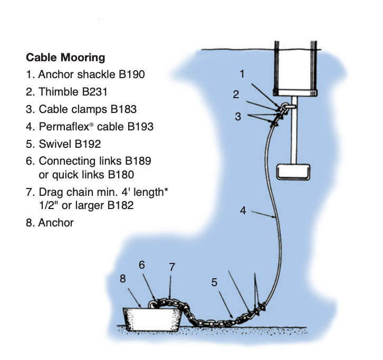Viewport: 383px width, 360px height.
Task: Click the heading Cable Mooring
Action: pyautogui.click(x=65, y=57)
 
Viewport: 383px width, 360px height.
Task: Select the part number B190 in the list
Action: pyautogui.click(x=131, y=74)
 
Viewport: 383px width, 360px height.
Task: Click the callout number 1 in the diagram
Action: pyautogui.click(x=242, y=74)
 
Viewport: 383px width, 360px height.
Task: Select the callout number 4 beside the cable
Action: pyautogui.click(x=243, y=210)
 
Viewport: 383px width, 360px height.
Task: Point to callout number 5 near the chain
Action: pyautogui.click(x=214, y=282)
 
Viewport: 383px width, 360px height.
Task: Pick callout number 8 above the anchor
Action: pyautogui.click(x=122, y=279)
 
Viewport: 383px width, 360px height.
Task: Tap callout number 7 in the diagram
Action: pyautogui.click(x=172, y=267)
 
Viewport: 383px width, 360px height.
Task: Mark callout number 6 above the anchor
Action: pyautogui.click(x=142, y=264)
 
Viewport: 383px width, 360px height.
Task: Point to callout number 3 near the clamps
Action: pyautogui.click(x=238, y=117)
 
